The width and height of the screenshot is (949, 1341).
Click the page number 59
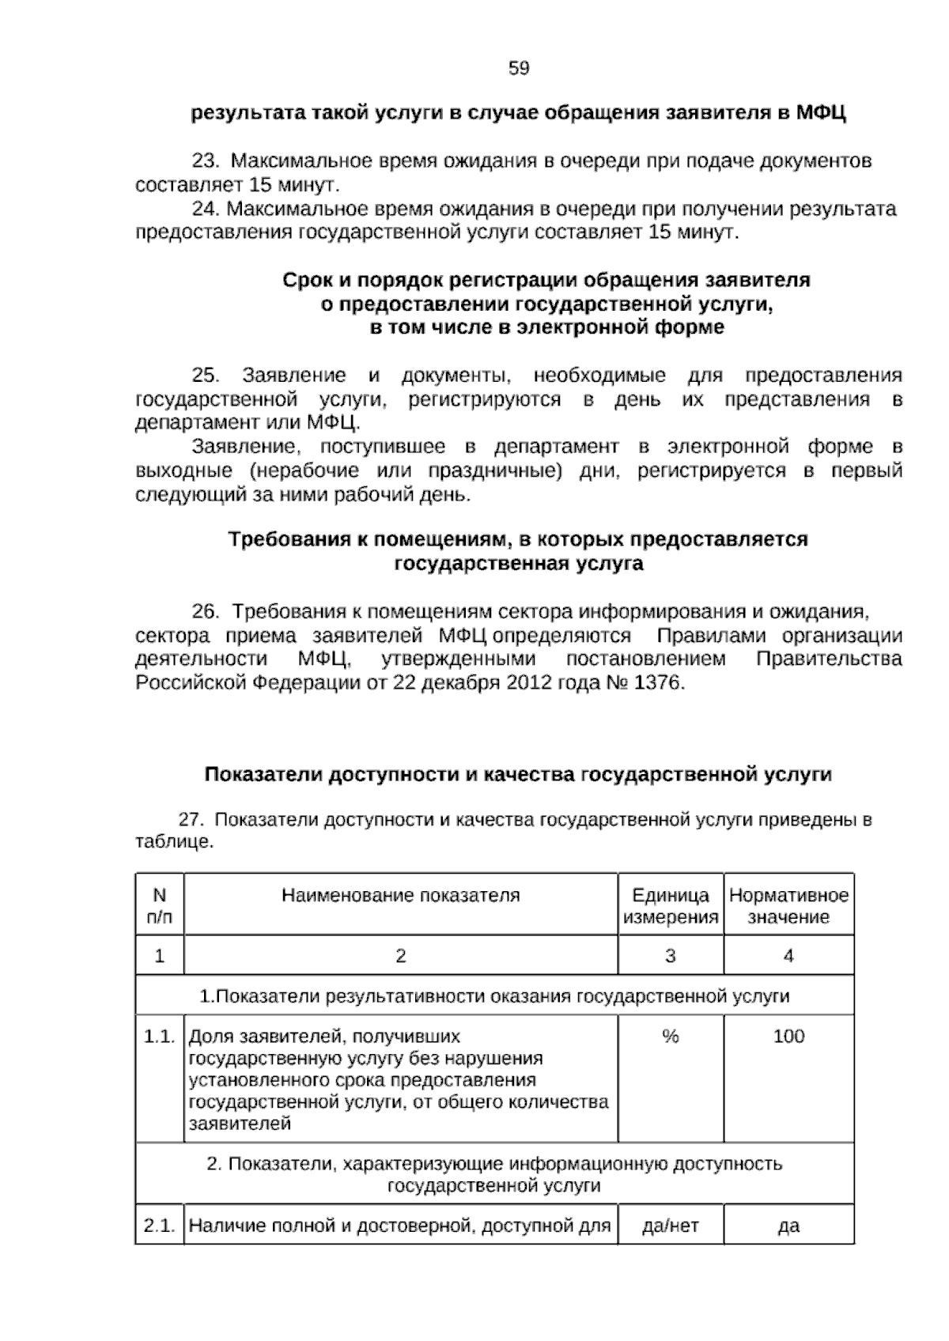tap(519, 69)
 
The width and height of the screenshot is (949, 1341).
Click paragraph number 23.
tap(205, 161)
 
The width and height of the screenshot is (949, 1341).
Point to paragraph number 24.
tap(205, 209)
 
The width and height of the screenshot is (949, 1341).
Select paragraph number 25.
tap(205, 375)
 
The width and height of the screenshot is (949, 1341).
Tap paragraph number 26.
tap(205, 612)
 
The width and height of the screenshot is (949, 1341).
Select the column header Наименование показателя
tap(400, 896)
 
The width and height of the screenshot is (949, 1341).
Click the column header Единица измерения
tap(671, 906)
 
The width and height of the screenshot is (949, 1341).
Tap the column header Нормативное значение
tap(788, 906)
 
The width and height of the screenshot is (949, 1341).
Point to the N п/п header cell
tap(160, 906)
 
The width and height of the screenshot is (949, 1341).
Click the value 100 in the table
tap(788, 1037)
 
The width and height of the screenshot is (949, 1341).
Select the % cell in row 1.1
tap(671, 1037)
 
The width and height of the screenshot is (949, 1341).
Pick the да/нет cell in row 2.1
tap(671, 1226)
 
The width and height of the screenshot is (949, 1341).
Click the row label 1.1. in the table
tap(159, 1037)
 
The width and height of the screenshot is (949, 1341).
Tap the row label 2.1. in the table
tap(159, 1226)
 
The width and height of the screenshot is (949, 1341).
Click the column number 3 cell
tap(671, 956)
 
